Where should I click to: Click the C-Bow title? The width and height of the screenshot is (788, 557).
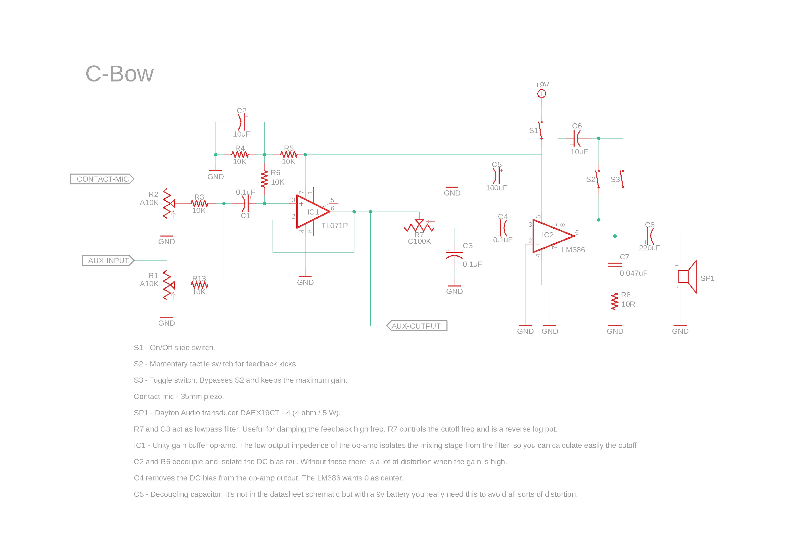(x=120, y=74)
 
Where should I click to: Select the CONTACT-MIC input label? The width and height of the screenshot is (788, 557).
(x=102, y=179)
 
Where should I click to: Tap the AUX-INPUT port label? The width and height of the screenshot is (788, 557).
(x=108, y=261)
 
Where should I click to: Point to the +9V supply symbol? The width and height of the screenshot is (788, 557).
(x=542, y=93)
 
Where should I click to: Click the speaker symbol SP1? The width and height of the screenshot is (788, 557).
(x=687, y=277)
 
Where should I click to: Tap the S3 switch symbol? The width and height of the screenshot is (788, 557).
(x=622, y=179)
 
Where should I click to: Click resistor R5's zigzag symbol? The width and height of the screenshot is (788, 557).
(x=289, y=155)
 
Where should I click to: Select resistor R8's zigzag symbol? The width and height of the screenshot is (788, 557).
(x=615, y=301)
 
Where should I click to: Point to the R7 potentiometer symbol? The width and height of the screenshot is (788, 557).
(x=419, y=227)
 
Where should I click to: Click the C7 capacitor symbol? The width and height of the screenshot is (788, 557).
(x=615, y=265)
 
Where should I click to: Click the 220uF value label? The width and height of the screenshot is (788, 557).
(x=649, y=248)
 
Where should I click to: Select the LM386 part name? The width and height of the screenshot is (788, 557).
(x=573, y=250)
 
